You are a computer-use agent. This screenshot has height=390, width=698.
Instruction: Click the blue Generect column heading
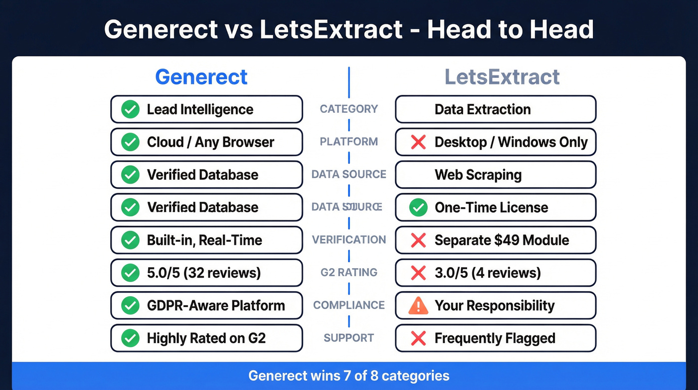pyautogui.click(x=201, y=77)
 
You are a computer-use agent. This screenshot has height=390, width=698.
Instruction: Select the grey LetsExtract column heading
pyautogui.click(x=502, y=77)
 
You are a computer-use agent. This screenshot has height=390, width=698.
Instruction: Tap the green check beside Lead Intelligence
pyautogui.click(x=130, y=109)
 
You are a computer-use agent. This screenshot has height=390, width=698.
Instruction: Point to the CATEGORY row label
pyautogui.click(x=349, y=109)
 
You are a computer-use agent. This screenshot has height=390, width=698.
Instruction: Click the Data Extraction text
pyautogui.click(x=482, y=109)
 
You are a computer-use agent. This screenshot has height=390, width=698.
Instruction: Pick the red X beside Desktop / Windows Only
pyautogui.click(x=418, y=142)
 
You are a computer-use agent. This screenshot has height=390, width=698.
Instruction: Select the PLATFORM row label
pyautogui.click(x=349, y=142)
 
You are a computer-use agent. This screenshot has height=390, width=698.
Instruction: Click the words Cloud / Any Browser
pyautogui.click(x=210, y=142)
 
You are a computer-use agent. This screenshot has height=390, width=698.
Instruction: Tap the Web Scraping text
pyautogui.click(x=478, y=175)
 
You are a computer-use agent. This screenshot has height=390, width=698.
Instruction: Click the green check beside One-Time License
pyautogui.click(x=418, y=208)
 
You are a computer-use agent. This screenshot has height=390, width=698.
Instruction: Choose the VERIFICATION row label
pyautogui.click(x=349, y=240)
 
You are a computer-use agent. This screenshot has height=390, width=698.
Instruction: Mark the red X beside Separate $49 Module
pyautogui.click(x=418, y=240)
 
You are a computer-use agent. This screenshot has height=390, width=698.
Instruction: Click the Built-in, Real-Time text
pyautogui.click(x=204, y=240)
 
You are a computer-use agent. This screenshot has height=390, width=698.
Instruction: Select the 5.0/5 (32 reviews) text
pyautogui.click(x=203, y=273)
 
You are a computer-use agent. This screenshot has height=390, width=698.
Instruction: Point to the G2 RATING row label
pyautogui.click(x=349, y=273)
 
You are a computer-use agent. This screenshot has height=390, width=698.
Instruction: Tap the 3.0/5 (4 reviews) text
pyautogui.click(x=488, y=273)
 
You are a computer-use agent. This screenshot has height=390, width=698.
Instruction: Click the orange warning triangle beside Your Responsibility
pyautogui.click(x=418, y=306)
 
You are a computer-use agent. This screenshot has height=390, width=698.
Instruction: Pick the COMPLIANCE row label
pyautogui.click(x=349, y=305)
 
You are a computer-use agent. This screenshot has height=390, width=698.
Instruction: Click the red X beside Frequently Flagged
pyautogui.click(x=418, y=339)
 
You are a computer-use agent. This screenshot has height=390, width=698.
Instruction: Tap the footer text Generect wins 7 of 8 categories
pyautogui.click(x=349, y=376)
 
